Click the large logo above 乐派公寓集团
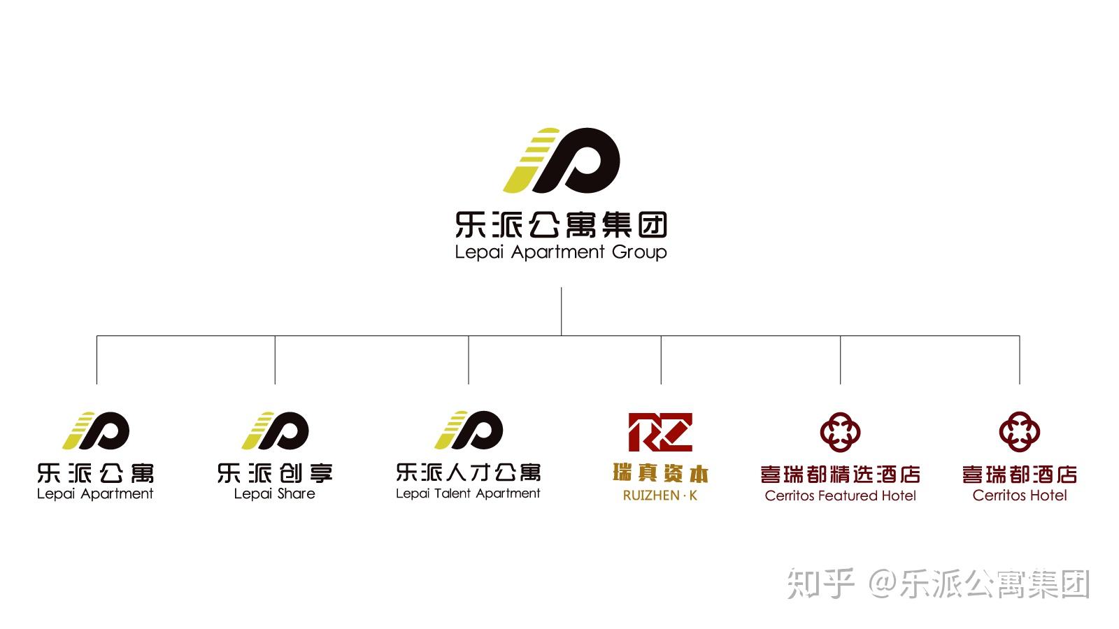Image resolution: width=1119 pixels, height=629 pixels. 561,160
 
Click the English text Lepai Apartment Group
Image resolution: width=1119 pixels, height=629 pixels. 560,252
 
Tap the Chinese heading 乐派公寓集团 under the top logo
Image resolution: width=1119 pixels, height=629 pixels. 560,224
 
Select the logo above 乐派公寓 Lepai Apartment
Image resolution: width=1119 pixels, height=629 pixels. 95,431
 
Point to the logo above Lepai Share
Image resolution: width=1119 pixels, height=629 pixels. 275,431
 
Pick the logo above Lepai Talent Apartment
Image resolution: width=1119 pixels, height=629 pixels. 469,430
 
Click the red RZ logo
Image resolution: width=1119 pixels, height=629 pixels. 660,433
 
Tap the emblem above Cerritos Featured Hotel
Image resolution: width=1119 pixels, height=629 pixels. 840,432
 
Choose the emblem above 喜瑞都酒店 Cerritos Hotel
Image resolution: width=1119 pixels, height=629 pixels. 1020,432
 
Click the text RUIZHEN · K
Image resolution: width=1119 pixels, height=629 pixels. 660,496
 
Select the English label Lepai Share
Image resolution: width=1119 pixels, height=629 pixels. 275,494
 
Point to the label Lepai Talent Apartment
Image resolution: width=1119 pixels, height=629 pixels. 468,493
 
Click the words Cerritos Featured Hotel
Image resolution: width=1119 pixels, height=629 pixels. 840,496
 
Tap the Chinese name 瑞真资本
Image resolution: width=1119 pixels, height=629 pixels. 660,473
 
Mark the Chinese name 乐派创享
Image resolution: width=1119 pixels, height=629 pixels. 275,473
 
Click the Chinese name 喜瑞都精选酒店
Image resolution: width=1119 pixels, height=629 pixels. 840,475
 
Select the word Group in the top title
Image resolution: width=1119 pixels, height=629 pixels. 639,252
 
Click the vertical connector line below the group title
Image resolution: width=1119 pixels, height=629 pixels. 561,312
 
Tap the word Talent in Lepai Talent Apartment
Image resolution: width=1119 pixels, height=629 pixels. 452,493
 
